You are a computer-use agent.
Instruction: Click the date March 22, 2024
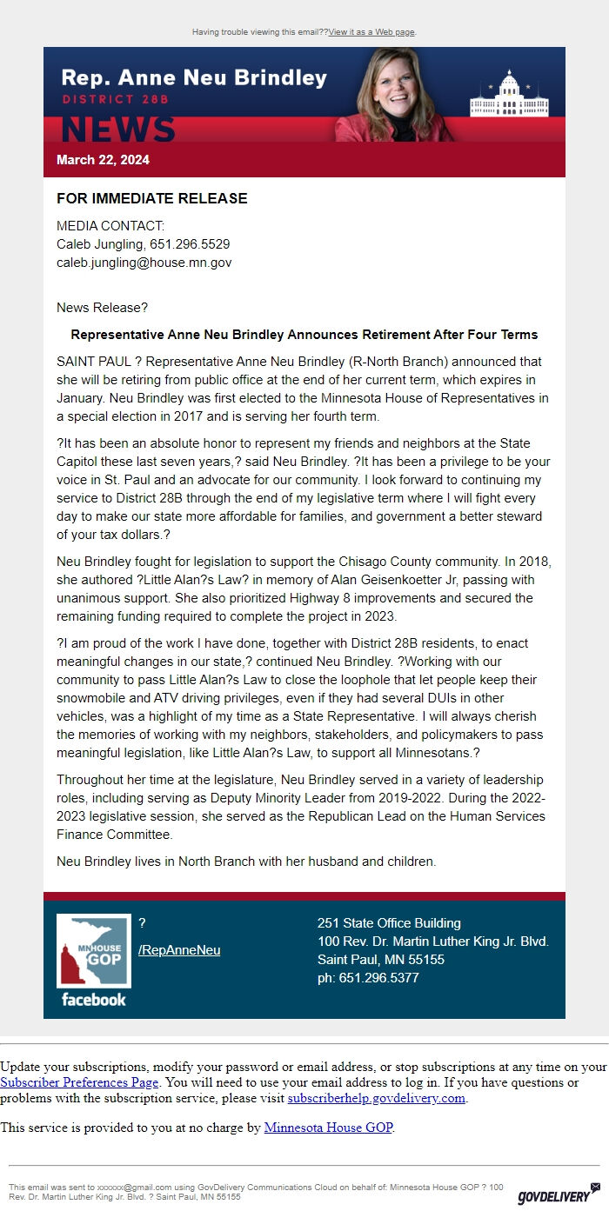[x=103, y=160]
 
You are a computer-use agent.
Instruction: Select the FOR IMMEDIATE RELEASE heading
[x=151, y=198]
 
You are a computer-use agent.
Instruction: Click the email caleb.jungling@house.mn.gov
[x=144, y=262]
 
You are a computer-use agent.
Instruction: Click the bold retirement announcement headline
[x=304, y=335]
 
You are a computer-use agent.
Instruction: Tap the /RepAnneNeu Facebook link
[x=179, y=950]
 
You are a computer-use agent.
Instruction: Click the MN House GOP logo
[x=93, y=951]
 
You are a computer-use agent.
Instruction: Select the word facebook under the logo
[x=93, y=1000]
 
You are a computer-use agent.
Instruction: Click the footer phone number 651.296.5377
[x=379, y=978]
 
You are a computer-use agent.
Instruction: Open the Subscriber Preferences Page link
[x=79, y=1083]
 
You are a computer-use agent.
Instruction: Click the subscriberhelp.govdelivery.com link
[x=377, y=1099]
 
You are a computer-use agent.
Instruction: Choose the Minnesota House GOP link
[x=328, y=1128]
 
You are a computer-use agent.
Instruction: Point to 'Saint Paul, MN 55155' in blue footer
[x=380, y=960]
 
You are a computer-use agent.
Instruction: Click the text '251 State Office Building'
[x=389, y=923]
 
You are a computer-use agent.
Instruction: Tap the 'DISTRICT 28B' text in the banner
[x=115, y=100]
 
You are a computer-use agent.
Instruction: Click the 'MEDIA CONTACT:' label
[x=110, y=226]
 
